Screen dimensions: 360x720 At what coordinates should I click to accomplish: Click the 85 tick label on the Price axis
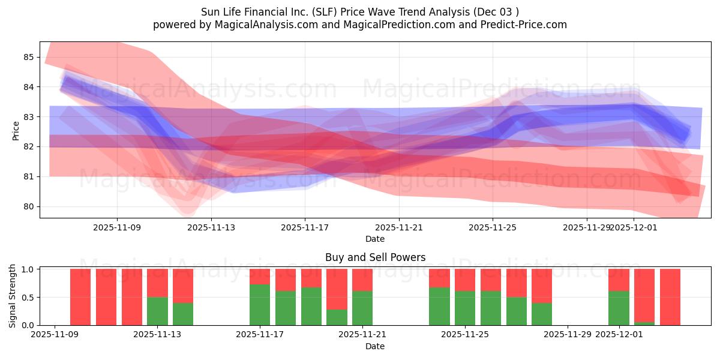click(x=28, y=57)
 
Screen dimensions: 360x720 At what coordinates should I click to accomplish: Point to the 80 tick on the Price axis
click(x=28, y=206)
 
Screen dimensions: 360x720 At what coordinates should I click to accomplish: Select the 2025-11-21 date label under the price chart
click(x=398, y=227)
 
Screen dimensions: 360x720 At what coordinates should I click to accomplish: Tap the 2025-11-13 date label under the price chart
click(x=211, y=227)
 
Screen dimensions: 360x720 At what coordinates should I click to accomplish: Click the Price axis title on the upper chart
click(x=16, y=130)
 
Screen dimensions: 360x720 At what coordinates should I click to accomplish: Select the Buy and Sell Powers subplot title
click(x=375, y=257)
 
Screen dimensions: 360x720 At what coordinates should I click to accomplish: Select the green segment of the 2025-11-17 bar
click(x=260, y=305)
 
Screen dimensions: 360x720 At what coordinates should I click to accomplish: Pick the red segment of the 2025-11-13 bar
click(x=157, y=283)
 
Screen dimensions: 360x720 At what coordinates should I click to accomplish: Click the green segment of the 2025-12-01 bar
click(x=619, y=308)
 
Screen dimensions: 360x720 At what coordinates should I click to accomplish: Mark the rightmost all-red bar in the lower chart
click(x=670, y=297)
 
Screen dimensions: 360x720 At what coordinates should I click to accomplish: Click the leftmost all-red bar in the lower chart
click(x=80, y=297)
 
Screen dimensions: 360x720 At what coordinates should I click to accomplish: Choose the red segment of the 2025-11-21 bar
click(x=362, y=280)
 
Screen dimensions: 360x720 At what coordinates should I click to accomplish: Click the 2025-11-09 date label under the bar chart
click(x=55, y=335)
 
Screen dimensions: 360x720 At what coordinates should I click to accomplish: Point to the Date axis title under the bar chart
click(x=375, y=346)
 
